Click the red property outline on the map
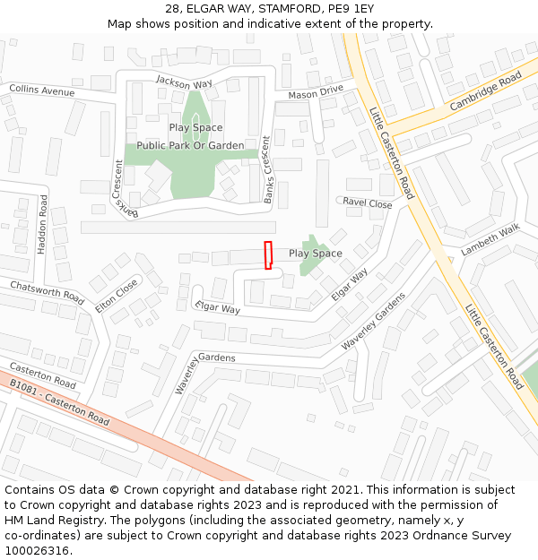pyautogui.click(x=267, y=255)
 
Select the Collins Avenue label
pyautogui.click(x=42, y=90)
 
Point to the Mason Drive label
pyautogui.click(x=316, y=92)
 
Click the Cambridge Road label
pyautogui.click(x=485, y=91)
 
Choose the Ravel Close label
pyautogui.click(x=368, y=203)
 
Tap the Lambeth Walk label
pyautogui.click(x=490, y=241)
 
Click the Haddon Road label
pyautogui.click(x=42, y=224)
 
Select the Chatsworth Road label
pyautogui.click(x=47, y=292)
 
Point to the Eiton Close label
pyautogui.click(x=117, y=296)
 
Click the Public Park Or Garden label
pyautogui.click(x=190, y=145)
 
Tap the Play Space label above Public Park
pyautogui.click(x=195, y=128)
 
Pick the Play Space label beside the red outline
pyautogui.click(x=315, y=254)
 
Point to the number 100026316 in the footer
pyautogui.click(x=37, y=551)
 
